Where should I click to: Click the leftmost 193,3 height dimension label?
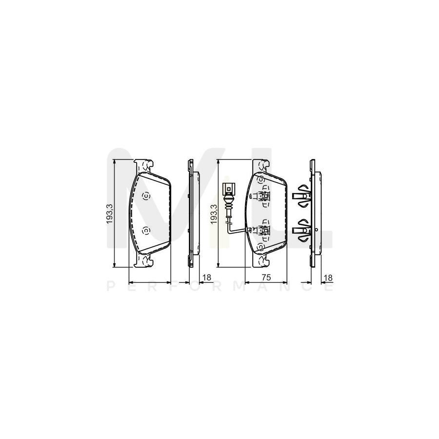click(110, 214)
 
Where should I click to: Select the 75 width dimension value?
click(266, 277)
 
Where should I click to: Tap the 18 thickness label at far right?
click(328, 277)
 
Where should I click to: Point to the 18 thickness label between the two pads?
click(206, 277)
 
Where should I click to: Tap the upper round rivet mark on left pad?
click(145, 196)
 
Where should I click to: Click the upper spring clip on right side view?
click(301, 196)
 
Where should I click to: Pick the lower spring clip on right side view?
click(301, 230)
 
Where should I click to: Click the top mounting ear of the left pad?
click(144, 165)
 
